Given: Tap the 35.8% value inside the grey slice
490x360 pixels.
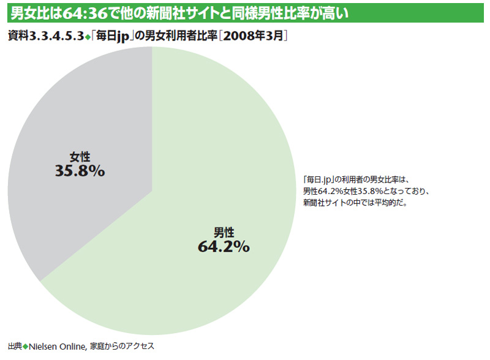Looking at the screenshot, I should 80,171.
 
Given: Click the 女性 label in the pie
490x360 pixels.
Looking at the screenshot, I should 80,157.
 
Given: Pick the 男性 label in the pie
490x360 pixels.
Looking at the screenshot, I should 224,232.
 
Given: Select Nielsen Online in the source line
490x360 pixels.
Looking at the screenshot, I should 58,347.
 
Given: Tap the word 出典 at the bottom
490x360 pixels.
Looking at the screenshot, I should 15,347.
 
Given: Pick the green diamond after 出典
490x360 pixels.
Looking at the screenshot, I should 26,347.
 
